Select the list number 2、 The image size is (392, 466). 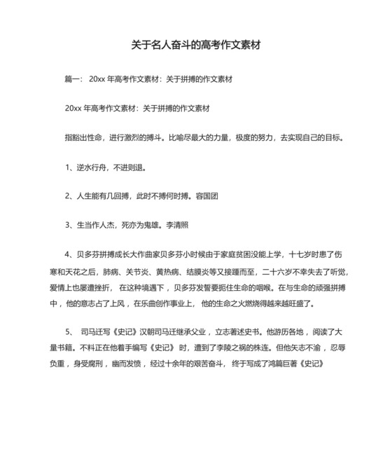pos(69,197)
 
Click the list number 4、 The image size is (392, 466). pos(69,255)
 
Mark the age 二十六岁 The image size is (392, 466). pos(276,271)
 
